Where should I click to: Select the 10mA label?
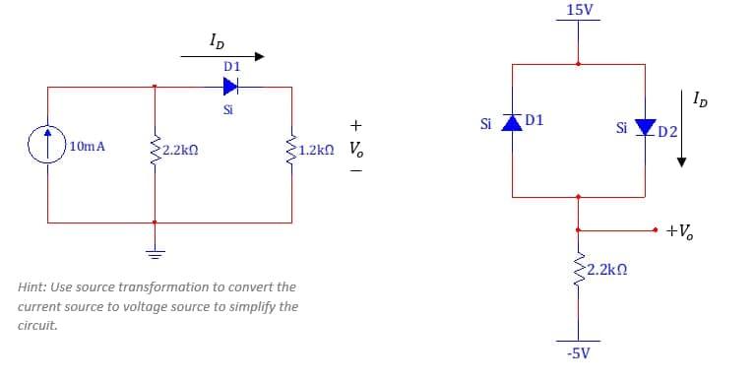(x=89, y=148)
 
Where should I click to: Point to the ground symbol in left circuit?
(x=155, y=249)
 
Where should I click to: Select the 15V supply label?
(x=580, y=10)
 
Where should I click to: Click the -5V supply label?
(x=579, y=352)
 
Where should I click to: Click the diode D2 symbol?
(x=646, y=128)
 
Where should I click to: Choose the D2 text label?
(x=667, y=131)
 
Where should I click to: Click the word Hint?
(x=34, y=287)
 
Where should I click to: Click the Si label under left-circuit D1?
(x=228, y=109)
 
